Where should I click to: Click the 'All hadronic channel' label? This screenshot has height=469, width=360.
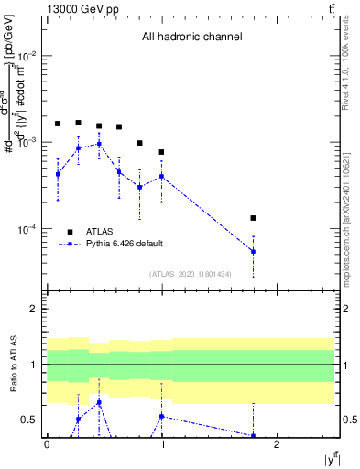pyautogui.click(x=191, y=37)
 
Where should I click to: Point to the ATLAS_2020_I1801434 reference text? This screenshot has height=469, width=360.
pyautogui.click(x=191, y=274)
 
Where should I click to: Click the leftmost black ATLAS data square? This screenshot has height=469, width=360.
pyautogui.click(x=58, y=124)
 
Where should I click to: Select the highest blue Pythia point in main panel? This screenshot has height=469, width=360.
pyautogui.click(x=99, y=144)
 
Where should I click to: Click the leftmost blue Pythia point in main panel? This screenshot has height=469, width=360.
pyautogui.click(x=58, y=173)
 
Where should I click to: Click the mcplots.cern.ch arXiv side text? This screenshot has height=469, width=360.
pyautogui.click(x=351, y=202)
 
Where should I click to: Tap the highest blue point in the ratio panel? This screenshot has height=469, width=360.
pyautogui.click(x=99, y=402)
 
